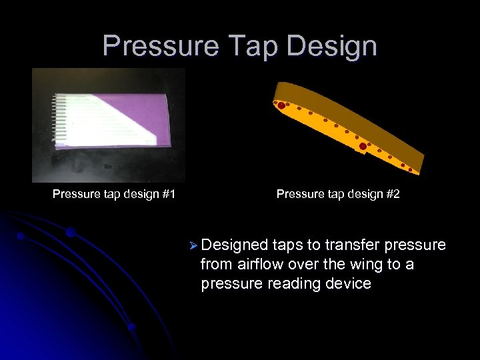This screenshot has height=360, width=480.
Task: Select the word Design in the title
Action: click(x=329, y=46)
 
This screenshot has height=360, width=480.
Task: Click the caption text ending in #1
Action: click(x=114, y=195)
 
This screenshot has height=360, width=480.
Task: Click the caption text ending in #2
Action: click(x=338, y=195)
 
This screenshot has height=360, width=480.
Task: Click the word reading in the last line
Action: click(x=291, y=283)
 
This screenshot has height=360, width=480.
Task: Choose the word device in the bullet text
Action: click(x=349, y=283)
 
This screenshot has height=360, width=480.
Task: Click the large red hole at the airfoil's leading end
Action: click(x=281, y=105)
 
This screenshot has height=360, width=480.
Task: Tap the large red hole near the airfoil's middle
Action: click(x=363, y=146)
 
